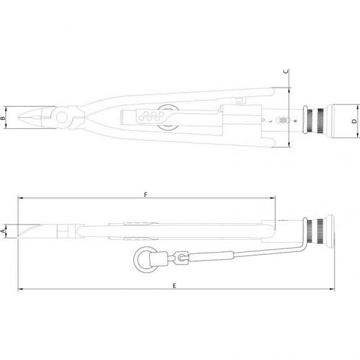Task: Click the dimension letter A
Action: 3,231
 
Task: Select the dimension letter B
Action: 3,118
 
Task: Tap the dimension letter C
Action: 286,71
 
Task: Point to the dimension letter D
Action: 355,121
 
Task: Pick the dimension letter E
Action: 175,285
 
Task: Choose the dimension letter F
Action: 145,195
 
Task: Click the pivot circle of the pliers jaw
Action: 62,117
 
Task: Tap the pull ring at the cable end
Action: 145,259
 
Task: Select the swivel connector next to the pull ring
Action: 181,257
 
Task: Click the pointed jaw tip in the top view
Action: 19,117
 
